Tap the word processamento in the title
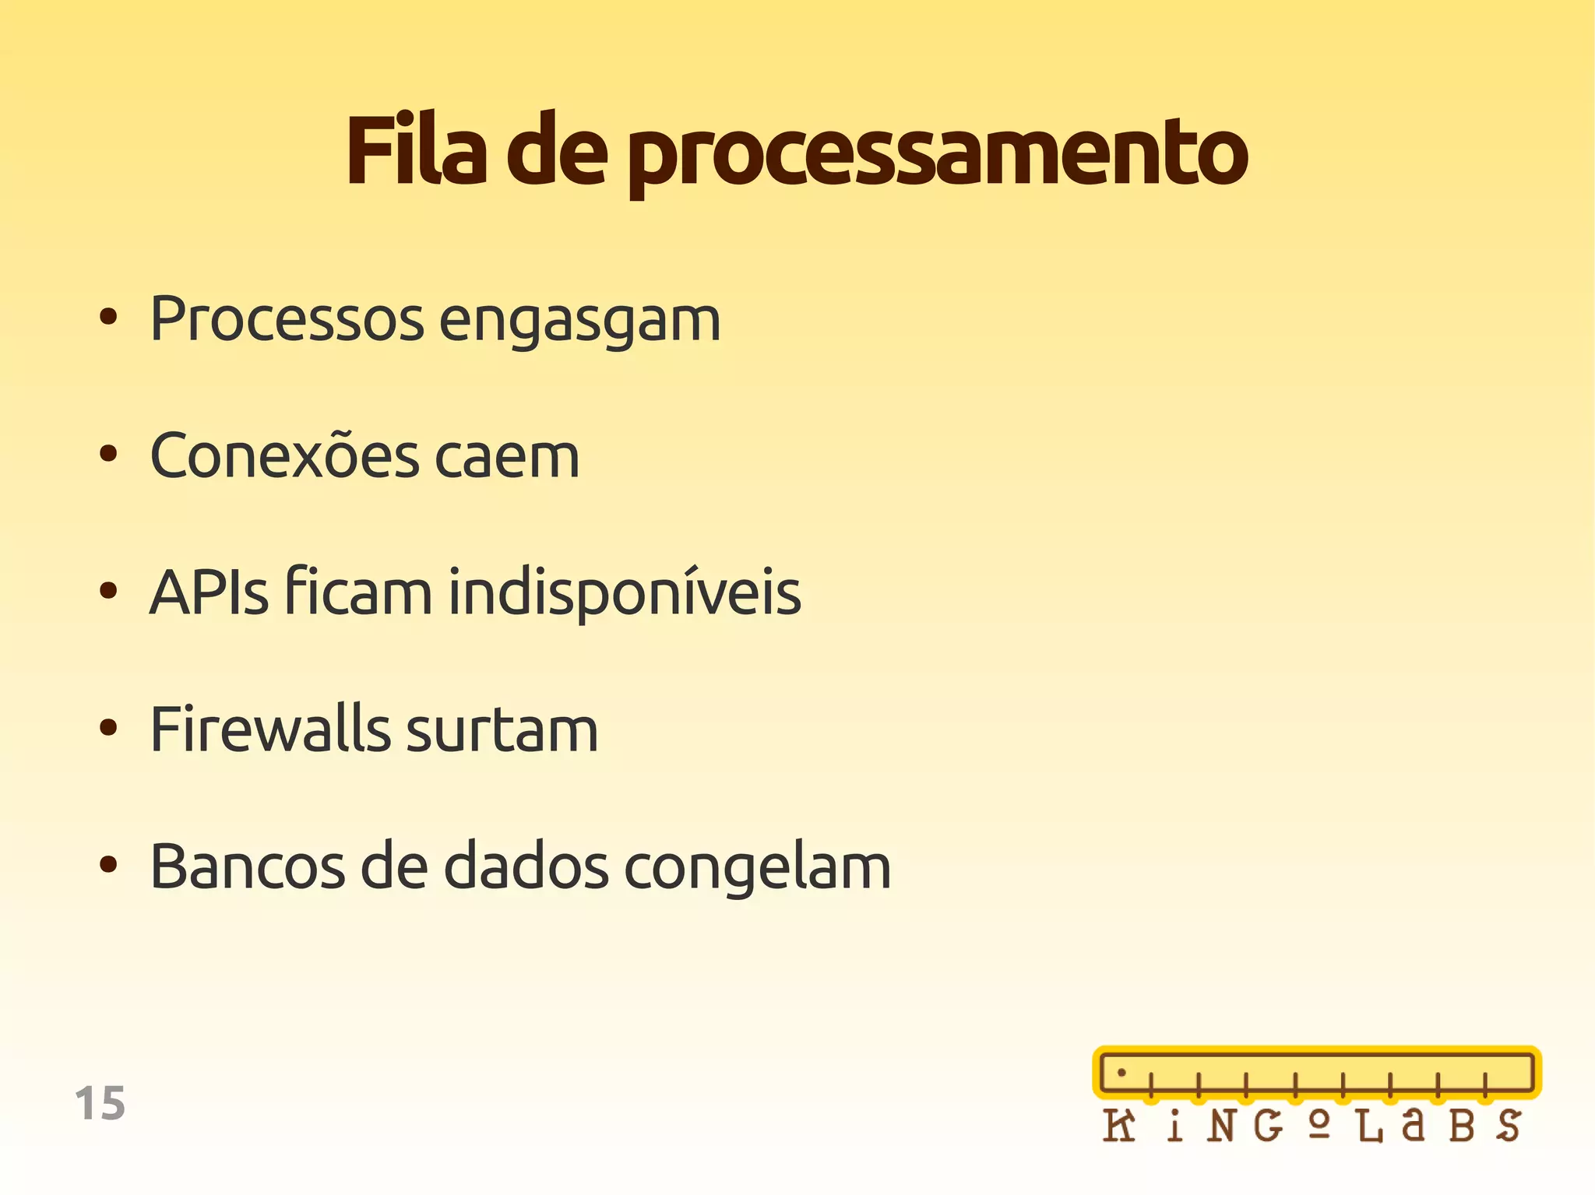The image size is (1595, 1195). point(937,154)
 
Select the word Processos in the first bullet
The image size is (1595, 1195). point(287,318)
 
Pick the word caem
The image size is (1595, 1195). point(507,457)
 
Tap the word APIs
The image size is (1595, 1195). point(209,592)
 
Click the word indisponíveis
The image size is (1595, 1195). point(625,594)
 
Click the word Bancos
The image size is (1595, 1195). point(247,866)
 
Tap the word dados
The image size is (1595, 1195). point(526,866)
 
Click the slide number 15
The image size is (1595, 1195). point(100,1103)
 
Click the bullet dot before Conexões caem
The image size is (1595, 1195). point(108,454)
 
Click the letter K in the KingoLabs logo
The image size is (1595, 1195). point(1119,1126)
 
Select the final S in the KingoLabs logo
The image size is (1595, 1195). point(1508,1126)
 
